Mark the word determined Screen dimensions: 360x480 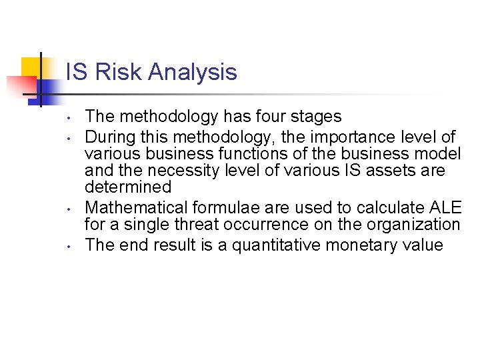tap(129, 187)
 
